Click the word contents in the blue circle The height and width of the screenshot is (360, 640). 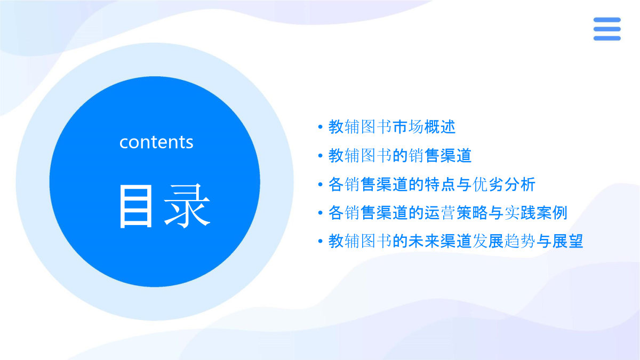tap(156, 142)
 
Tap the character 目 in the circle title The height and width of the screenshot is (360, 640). tap(135, 206)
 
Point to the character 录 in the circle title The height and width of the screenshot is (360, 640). tap(187, 206)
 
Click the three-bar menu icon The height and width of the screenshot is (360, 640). tap(607, 29)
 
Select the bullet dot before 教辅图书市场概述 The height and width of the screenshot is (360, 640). tap(321, 127)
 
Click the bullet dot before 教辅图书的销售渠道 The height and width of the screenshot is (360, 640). tap(321, 156)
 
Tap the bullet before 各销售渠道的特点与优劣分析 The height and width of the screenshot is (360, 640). tap(321, 185)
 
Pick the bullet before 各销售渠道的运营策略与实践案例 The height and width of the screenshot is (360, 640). tap(321, 213)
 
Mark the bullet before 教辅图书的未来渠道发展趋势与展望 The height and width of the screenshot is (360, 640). tap(321, 242)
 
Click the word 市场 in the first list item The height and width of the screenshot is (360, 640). tap(408, 127)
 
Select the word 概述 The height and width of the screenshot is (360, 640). tap(440, 127)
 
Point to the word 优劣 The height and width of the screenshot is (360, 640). tap(488, 185)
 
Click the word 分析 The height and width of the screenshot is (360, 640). tap(520, 185)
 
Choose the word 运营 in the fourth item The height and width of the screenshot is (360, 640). tap(440, 213)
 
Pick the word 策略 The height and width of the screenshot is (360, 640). tap(472, 213)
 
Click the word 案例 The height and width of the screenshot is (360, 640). tap(552, 213)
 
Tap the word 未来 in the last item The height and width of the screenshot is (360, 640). tap(424, 242)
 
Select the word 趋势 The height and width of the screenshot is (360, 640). tap(520, 242)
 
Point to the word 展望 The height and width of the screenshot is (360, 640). tap(568, 242)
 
